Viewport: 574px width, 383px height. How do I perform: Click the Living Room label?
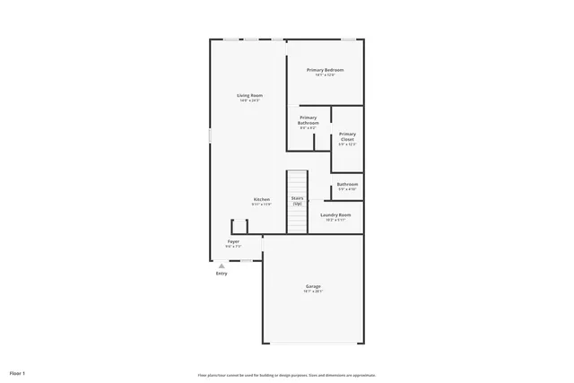[249, 95]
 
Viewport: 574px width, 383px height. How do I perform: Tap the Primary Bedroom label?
[325, 70]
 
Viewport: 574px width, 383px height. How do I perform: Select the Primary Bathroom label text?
[308, 120]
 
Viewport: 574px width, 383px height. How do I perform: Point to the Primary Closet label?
[347, 136]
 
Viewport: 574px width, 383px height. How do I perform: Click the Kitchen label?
[261, 199]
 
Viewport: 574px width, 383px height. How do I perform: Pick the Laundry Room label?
[335, 215]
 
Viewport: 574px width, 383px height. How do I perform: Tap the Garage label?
[312, 286]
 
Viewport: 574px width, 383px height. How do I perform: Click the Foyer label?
[233, 241]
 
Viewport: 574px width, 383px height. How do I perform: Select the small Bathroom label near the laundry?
[347, 185]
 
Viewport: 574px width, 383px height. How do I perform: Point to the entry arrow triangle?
[222, 265]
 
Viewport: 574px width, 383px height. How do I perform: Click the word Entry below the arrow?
[222, 274]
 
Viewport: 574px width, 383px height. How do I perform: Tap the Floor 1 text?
[18, 372]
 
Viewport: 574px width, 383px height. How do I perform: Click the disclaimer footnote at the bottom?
[287, 375]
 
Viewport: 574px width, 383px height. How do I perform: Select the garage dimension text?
[312, 292]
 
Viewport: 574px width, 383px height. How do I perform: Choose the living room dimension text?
[249, 100]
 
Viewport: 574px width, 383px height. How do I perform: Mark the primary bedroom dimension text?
[325, 75]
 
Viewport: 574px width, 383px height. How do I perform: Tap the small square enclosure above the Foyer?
[239, 226]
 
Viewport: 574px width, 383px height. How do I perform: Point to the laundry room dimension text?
[335, 220]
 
